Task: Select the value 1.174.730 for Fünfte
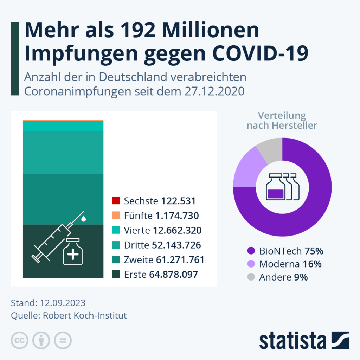coord(176,216)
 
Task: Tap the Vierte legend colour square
coord(116,230)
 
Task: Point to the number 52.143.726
coord(176,245)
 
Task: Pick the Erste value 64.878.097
coord(173,275)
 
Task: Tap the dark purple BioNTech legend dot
coord(251,251)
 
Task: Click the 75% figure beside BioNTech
coord(314,251)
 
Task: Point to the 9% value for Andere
coord(301,277)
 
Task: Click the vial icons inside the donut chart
coord(282,187)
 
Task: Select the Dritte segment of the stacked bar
coord(63,153)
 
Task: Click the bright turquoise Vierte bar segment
coord(63,126)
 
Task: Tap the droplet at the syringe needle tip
coord(83,219)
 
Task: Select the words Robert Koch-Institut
coord(85,315)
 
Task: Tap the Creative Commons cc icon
coord(20,340)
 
